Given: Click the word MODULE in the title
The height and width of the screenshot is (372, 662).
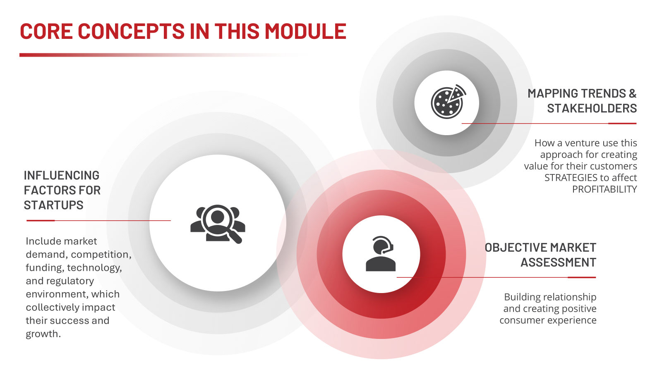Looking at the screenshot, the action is [305, 31].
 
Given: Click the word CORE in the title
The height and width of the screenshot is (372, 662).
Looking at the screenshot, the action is [46, 31].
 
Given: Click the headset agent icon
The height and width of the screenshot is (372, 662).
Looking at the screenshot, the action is [381, 254].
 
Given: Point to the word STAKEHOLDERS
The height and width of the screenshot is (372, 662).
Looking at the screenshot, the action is [592, 108].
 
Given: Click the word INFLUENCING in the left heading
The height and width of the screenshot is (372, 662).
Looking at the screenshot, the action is [62, 175].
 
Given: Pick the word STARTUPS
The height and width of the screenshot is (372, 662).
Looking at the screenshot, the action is [53, 205].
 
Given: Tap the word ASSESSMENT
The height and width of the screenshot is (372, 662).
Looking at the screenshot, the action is [558, 262].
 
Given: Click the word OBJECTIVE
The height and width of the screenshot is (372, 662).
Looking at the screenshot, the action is [511, 248].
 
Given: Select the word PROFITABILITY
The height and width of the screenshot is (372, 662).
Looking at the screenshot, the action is [604, 189].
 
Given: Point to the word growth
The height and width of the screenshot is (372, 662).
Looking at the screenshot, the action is [43, 334].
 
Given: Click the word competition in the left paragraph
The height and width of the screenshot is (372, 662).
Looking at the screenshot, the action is [101, 255].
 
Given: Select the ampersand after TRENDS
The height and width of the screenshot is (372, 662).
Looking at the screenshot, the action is [633, 93].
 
